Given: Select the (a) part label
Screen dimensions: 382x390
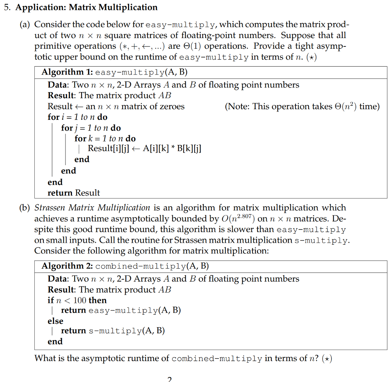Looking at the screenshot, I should (x=26, y=25).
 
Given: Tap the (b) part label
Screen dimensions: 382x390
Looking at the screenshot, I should (x=26, y=208).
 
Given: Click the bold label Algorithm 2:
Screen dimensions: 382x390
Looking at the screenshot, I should (x=67, y=266).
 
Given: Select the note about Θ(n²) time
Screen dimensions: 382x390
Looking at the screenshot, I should (x=302, y=107).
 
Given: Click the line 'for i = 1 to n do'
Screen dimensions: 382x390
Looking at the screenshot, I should (x=78, y=117).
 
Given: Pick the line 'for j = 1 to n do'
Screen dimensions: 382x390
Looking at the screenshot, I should (x=91, y=128).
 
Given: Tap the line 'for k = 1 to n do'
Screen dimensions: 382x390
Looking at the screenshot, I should (x=105, y=138).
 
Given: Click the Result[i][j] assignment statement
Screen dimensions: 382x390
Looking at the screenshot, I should (x=144, y=149).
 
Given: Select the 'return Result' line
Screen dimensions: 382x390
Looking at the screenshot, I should (x=74, y=193).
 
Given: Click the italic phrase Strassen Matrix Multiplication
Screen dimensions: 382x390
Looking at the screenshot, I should (x=92, y=208).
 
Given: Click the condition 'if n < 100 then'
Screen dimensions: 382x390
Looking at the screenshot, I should (x=77, y=300).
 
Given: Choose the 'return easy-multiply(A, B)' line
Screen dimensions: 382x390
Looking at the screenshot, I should (x=121, y=310).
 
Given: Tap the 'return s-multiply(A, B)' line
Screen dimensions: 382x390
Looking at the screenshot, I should (x=113, y=331).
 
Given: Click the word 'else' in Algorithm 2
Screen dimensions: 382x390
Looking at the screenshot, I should (x=55, y=321).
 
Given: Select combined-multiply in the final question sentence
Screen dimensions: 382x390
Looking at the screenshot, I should (x=217, y=358).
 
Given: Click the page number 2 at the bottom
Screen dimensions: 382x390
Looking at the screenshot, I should (x=169, y=379).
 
